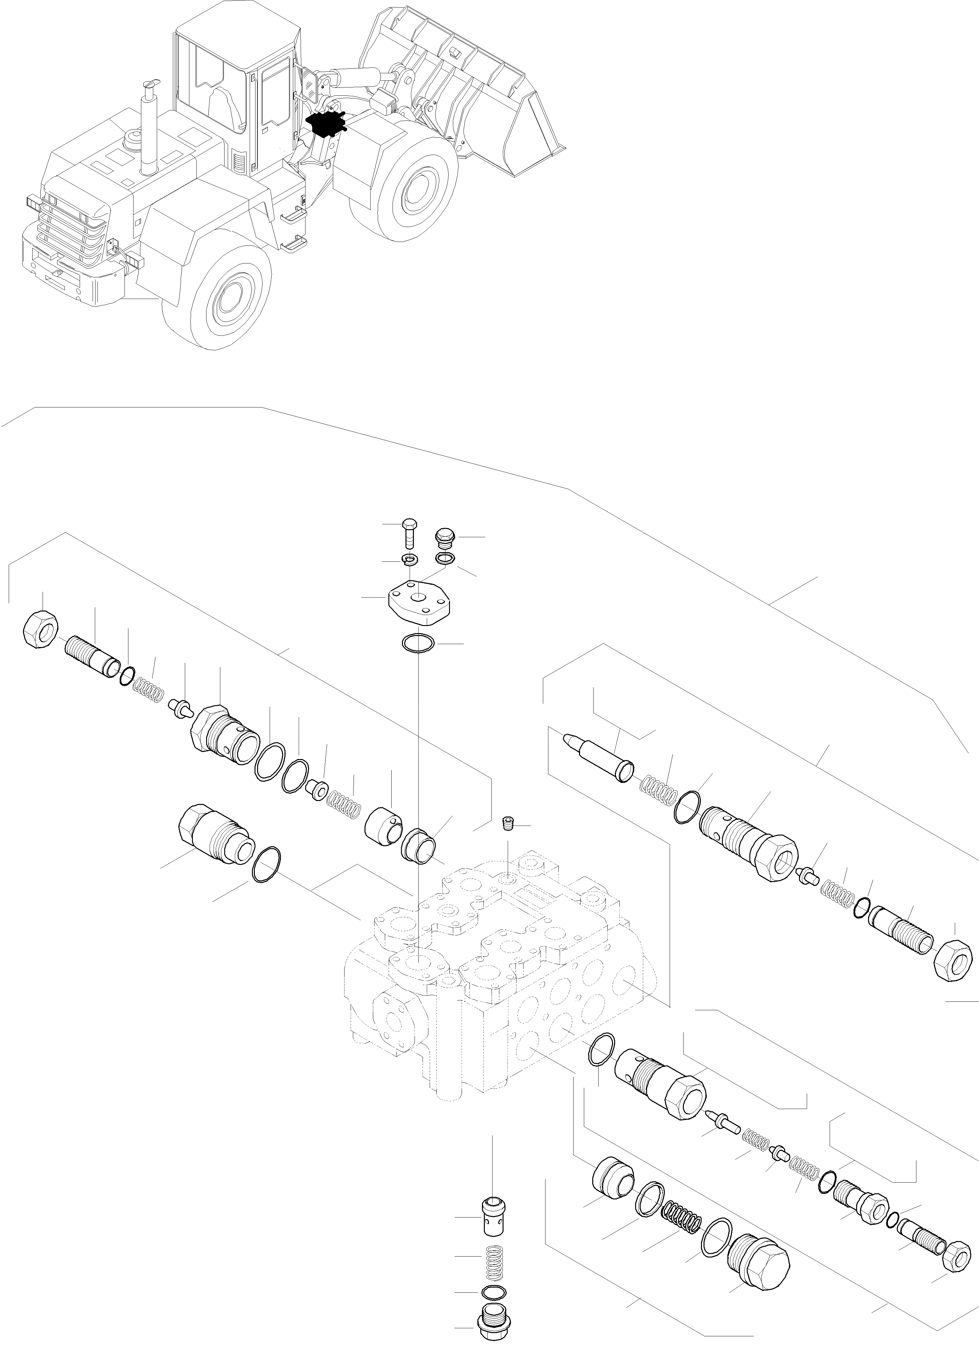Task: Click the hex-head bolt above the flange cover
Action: click(409, 533)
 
